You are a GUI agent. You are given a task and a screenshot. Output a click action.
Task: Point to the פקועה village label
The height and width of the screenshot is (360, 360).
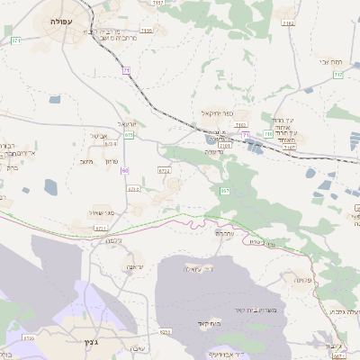(x=301, y=280)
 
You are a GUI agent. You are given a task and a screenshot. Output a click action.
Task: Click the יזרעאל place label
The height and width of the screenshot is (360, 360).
(x=125, y=123)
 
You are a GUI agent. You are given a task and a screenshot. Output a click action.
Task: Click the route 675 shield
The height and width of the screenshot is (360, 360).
(x=130, y=135)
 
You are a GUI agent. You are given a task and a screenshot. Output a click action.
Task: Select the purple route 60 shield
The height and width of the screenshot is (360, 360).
(x=125, y=170)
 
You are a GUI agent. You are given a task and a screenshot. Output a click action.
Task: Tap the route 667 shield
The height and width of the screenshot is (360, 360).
(x=224, y=191)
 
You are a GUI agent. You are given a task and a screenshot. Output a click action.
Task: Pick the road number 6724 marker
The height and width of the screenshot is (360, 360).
(x=111, y=143)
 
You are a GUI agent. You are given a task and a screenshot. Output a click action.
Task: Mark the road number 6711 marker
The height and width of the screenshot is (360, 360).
(x=100, y=229)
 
